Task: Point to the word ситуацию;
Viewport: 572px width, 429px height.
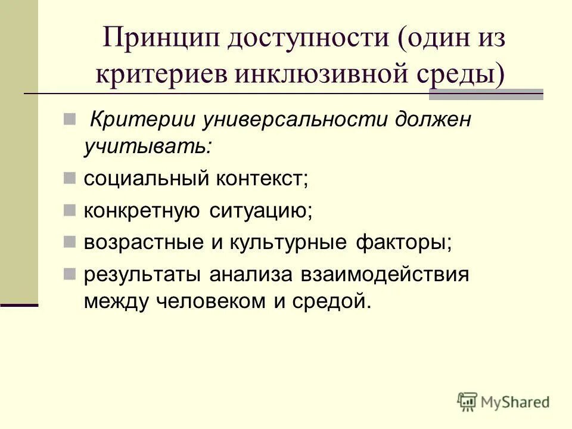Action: pos(261,210)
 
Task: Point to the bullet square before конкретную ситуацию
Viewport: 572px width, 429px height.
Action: pos(70,209)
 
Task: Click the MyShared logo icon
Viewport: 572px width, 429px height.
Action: pos(467,402)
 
